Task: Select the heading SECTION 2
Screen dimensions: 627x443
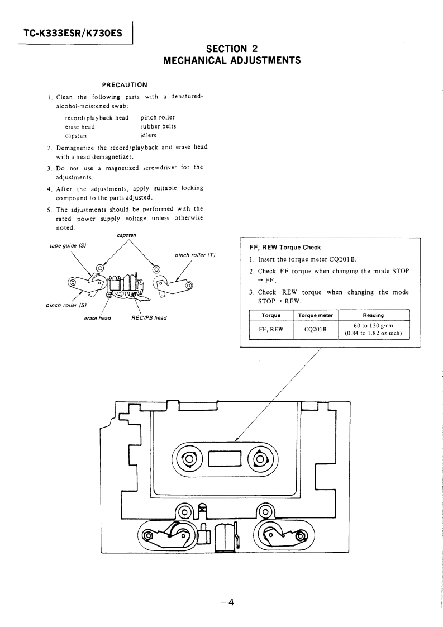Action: (231, 48)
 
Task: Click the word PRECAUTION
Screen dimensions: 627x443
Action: (125, 85)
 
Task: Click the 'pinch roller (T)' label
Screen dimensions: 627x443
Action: (195, 255)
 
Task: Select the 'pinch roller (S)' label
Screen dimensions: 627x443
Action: (65, 305)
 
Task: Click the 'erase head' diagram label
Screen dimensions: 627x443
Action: (97, 318)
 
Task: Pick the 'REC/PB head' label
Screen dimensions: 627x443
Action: (145, 318)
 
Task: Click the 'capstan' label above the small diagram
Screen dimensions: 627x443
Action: (127, 235)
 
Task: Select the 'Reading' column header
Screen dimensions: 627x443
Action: (373, 315)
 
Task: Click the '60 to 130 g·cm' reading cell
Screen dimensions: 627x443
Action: (373, 326)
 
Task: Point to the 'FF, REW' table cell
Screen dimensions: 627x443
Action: (271, 330)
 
